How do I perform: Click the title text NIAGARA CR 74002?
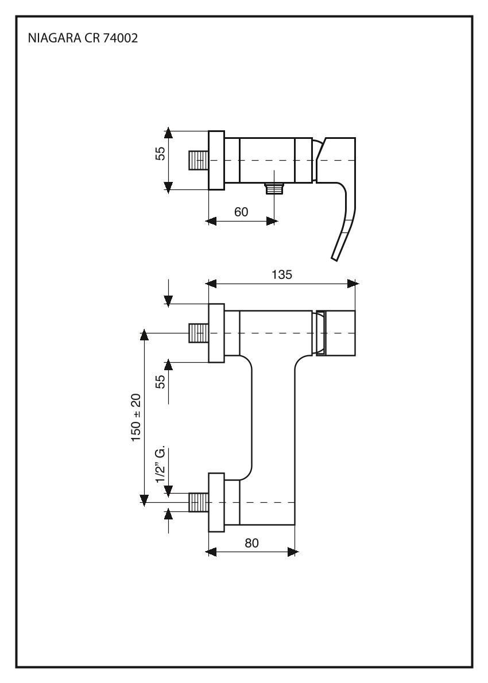coord(83,38)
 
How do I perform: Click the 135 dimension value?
coord(281,275)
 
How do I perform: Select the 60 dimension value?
coord(241,212)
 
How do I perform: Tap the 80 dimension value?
coord(251,543)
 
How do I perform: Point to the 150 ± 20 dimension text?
coord(136,418)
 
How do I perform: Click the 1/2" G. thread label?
coord(161,464)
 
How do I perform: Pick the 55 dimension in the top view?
coord(160,153)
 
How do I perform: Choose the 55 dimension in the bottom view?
coord(160,382)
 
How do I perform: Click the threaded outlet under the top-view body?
coord(274,189)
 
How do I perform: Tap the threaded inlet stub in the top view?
coord(199,160)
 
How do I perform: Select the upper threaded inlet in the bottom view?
coord(199,333)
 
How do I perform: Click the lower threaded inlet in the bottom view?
coord(199,502)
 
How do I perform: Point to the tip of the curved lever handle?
coord(335,259)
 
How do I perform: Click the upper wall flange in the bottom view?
coord(216,333)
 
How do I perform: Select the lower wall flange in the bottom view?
coord(216,502)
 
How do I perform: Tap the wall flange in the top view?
coord(216,160)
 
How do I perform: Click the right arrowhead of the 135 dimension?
coord(353,284)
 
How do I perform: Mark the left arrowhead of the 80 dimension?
coord(211,552)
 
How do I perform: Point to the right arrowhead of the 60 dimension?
coord(272,222)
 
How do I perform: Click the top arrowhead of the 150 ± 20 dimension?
coord(144,335)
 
